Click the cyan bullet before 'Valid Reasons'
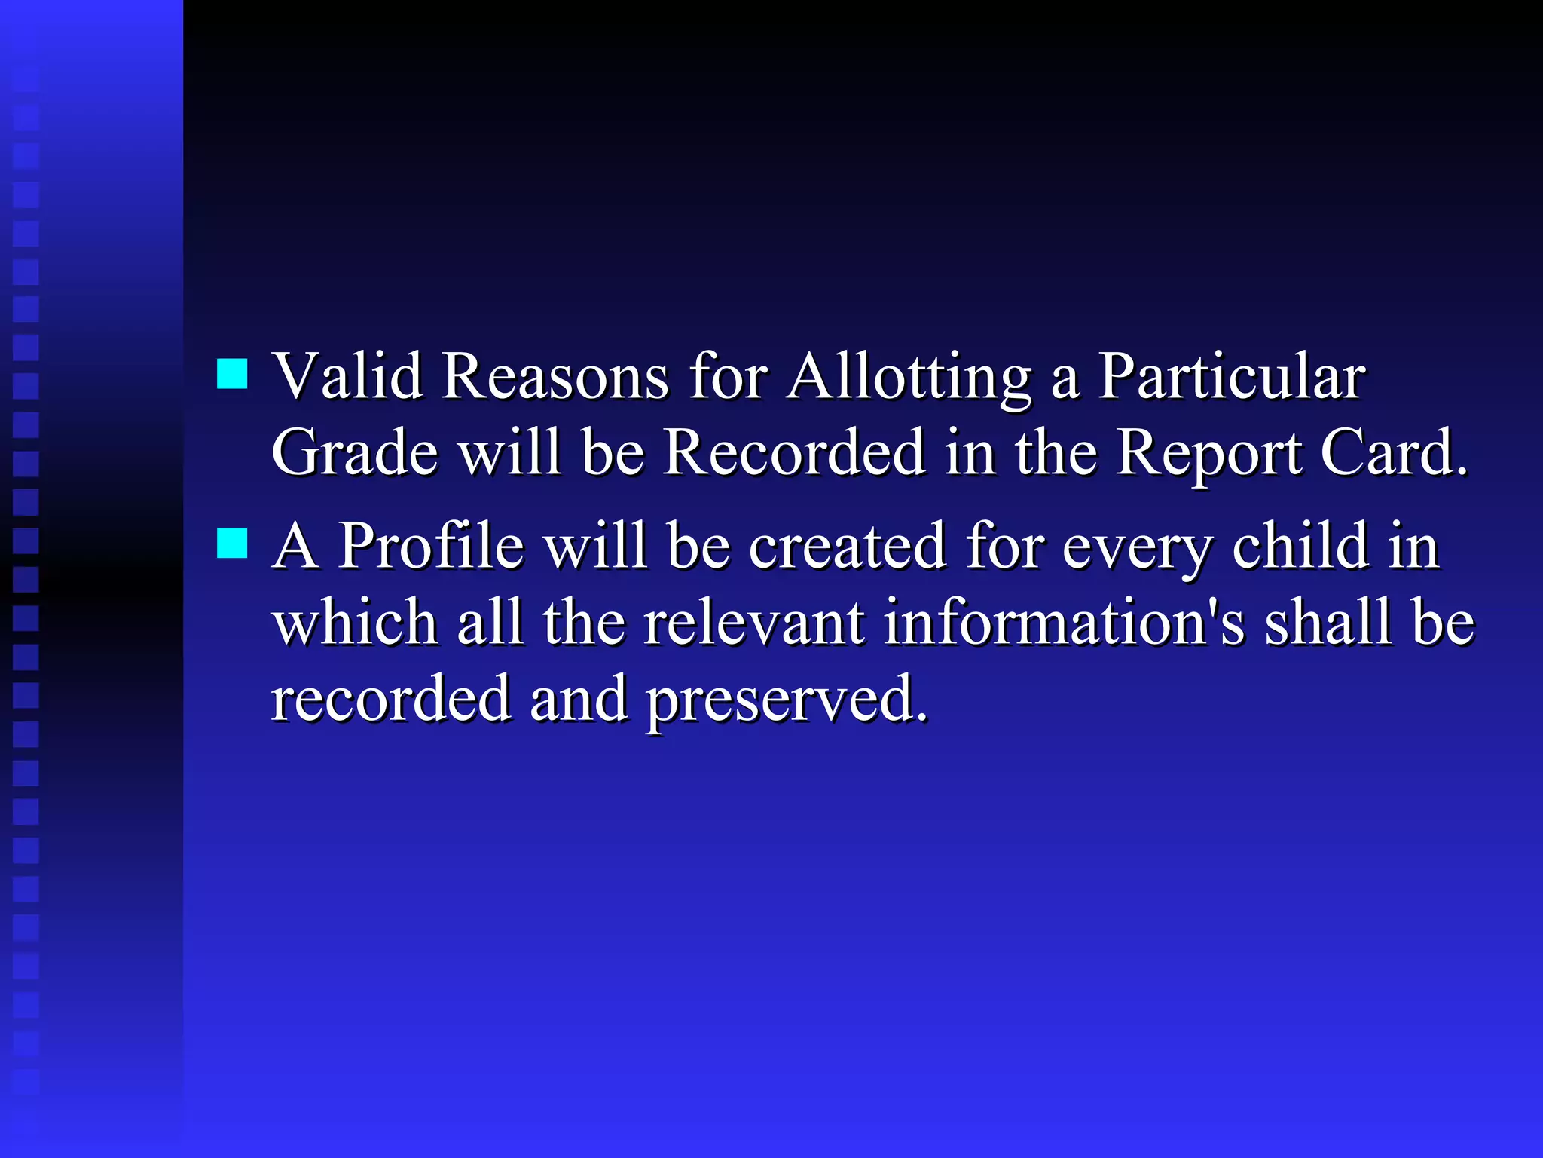click(232, 373)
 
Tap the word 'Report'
click(1208, 454)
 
